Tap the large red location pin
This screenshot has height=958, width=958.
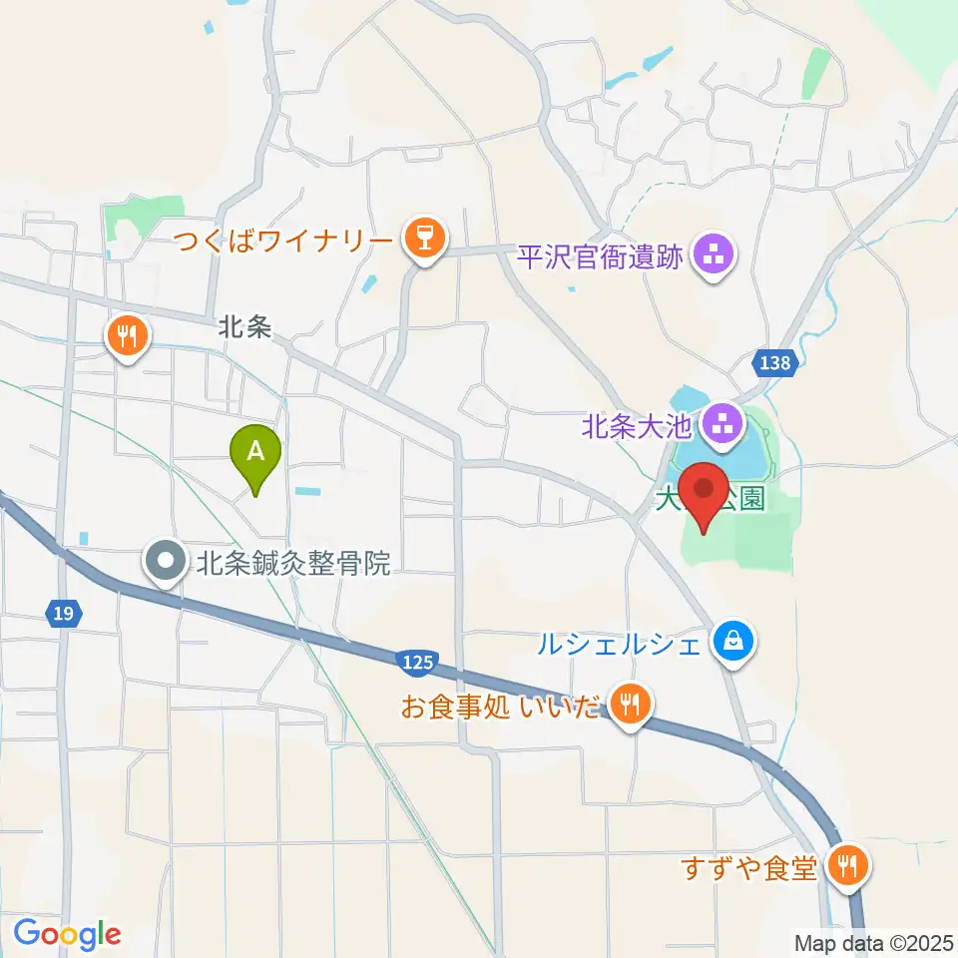[706, 493]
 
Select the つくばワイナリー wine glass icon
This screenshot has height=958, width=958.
[425, 240]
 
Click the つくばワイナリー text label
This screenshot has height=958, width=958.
[284, 240]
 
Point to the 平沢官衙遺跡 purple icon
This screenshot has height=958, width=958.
[715, 257]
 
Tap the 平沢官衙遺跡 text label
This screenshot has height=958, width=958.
[600, 257]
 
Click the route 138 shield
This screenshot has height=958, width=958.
[777, 363]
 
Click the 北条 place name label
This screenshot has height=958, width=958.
[245, 327]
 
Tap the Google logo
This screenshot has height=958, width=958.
[67, 935]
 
